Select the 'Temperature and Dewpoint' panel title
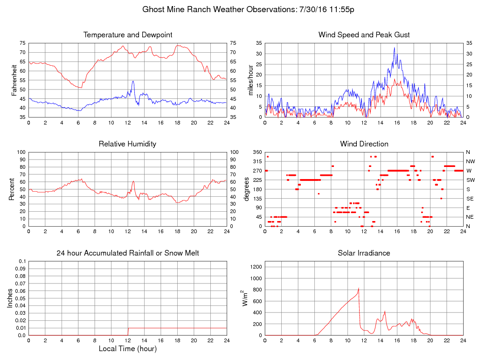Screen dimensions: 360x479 127,35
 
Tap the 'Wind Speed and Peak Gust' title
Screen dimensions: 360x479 364,35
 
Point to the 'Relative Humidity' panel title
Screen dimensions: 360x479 127,144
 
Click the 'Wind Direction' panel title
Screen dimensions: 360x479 364,144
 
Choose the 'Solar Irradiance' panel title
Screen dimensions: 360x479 364,253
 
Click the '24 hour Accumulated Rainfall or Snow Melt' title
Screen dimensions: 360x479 127,253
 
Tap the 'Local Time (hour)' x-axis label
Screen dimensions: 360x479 127,348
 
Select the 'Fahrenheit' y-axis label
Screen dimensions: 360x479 15,80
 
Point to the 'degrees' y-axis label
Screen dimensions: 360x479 246,189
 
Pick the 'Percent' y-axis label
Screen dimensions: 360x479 11,189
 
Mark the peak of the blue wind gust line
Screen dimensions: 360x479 394,47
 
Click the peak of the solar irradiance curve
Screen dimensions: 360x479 358,288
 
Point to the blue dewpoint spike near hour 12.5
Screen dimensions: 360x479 133,81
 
